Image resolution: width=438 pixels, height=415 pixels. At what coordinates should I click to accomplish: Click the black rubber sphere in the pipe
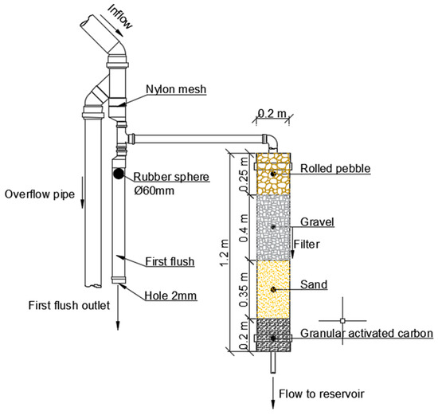click(x=118, y=173)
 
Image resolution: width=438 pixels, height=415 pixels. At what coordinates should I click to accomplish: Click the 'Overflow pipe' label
click(x=37, y=194)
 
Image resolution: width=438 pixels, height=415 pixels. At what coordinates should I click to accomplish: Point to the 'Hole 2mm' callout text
click(x=172, y=296)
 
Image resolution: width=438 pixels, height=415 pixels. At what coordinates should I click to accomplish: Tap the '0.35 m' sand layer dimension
click(x=244, y=288)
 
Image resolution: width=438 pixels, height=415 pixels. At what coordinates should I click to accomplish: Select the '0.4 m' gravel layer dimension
click(x=244, y=228)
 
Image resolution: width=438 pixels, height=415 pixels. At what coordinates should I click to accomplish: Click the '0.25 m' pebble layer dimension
click(x=244, y=173)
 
